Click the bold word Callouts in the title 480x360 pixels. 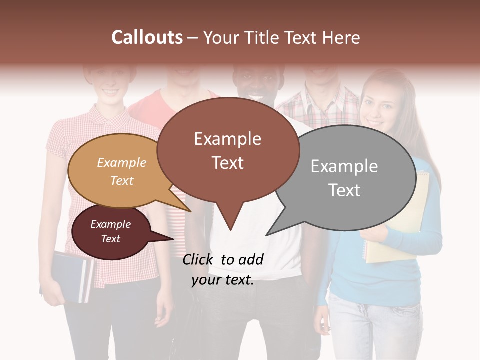147,37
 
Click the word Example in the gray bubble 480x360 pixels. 344,166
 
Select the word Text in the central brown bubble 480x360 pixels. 228,163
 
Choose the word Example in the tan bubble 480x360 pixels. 121,163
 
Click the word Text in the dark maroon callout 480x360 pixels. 111,239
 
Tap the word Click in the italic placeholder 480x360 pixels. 198,259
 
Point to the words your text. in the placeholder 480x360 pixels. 223,280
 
